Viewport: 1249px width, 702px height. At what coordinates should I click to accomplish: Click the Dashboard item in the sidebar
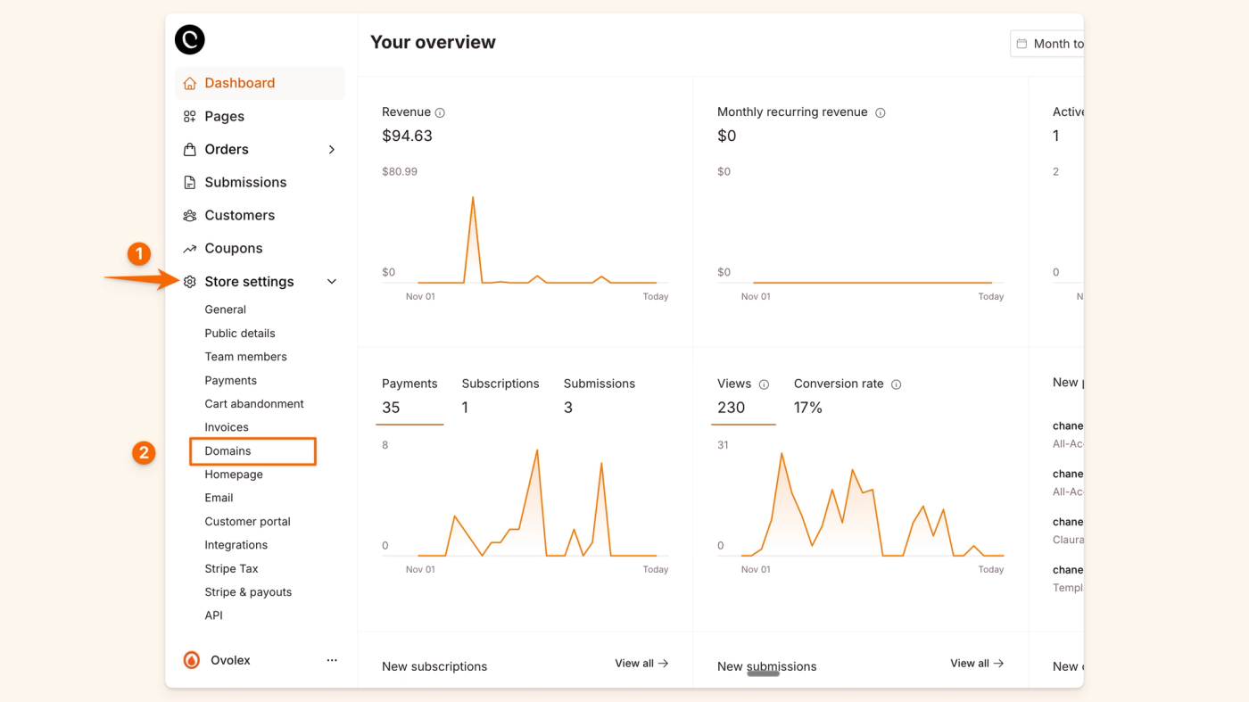pyautogui.click(x=239, y=83)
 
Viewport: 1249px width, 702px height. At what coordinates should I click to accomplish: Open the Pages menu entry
pyautogui.click(x=224, y=116)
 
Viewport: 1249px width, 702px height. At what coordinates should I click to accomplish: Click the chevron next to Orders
pyautogui.click(x=332, y=150)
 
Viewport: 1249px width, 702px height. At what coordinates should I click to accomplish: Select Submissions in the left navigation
pyautogui.click(x=245, y=182)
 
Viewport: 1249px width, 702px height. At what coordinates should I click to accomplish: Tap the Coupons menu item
pyautogui.click(x=233, y=248)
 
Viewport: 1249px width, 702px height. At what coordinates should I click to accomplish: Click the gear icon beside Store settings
pyautogui.click(x=189, y=282)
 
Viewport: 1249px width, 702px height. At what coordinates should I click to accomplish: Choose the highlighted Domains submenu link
pyautogui.click(x=228, y=451)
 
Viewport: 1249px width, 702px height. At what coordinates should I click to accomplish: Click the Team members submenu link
pyautogui.click(x=245, y=357)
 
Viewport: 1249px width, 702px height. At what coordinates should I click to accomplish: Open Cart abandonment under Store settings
pyautogui.click(x=254, y=404)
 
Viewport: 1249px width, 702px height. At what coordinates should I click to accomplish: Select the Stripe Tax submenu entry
pyautogui.click(x=231, y=568)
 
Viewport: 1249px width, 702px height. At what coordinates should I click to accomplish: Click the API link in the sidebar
pyautogui.click(x=214, y=615)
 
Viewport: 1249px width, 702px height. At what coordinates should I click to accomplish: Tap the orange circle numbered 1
pyautogui.click(x=138, y=254)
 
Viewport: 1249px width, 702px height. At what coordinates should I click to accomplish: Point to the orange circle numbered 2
pyautogui.click(x=144, y=453)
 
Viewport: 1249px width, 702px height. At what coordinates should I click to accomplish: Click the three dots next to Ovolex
pyautogui.click(x=332, y=660)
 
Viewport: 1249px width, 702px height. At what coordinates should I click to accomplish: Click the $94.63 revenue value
pyautogui.click(x=407, y=136)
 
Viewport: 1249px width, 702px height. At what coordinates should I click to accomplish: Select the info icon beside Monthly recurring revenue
pyautogui.click(x=881, y=113)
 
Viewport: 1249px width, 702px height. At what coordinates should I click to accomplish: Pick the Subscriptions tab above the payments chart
pyautogui.click(x=500, y=384)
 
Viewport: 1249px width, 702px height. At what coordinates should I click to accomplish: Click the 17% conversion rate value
pyautogui.click(x=808, y=408)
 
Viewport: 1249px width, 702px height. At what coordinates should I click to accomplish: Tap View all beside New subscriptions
pyautogui.click(x=641, y=664)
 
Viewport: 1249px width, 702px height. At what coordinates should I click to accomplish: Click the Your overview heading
pyautogui.click(x=433, y=42)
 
